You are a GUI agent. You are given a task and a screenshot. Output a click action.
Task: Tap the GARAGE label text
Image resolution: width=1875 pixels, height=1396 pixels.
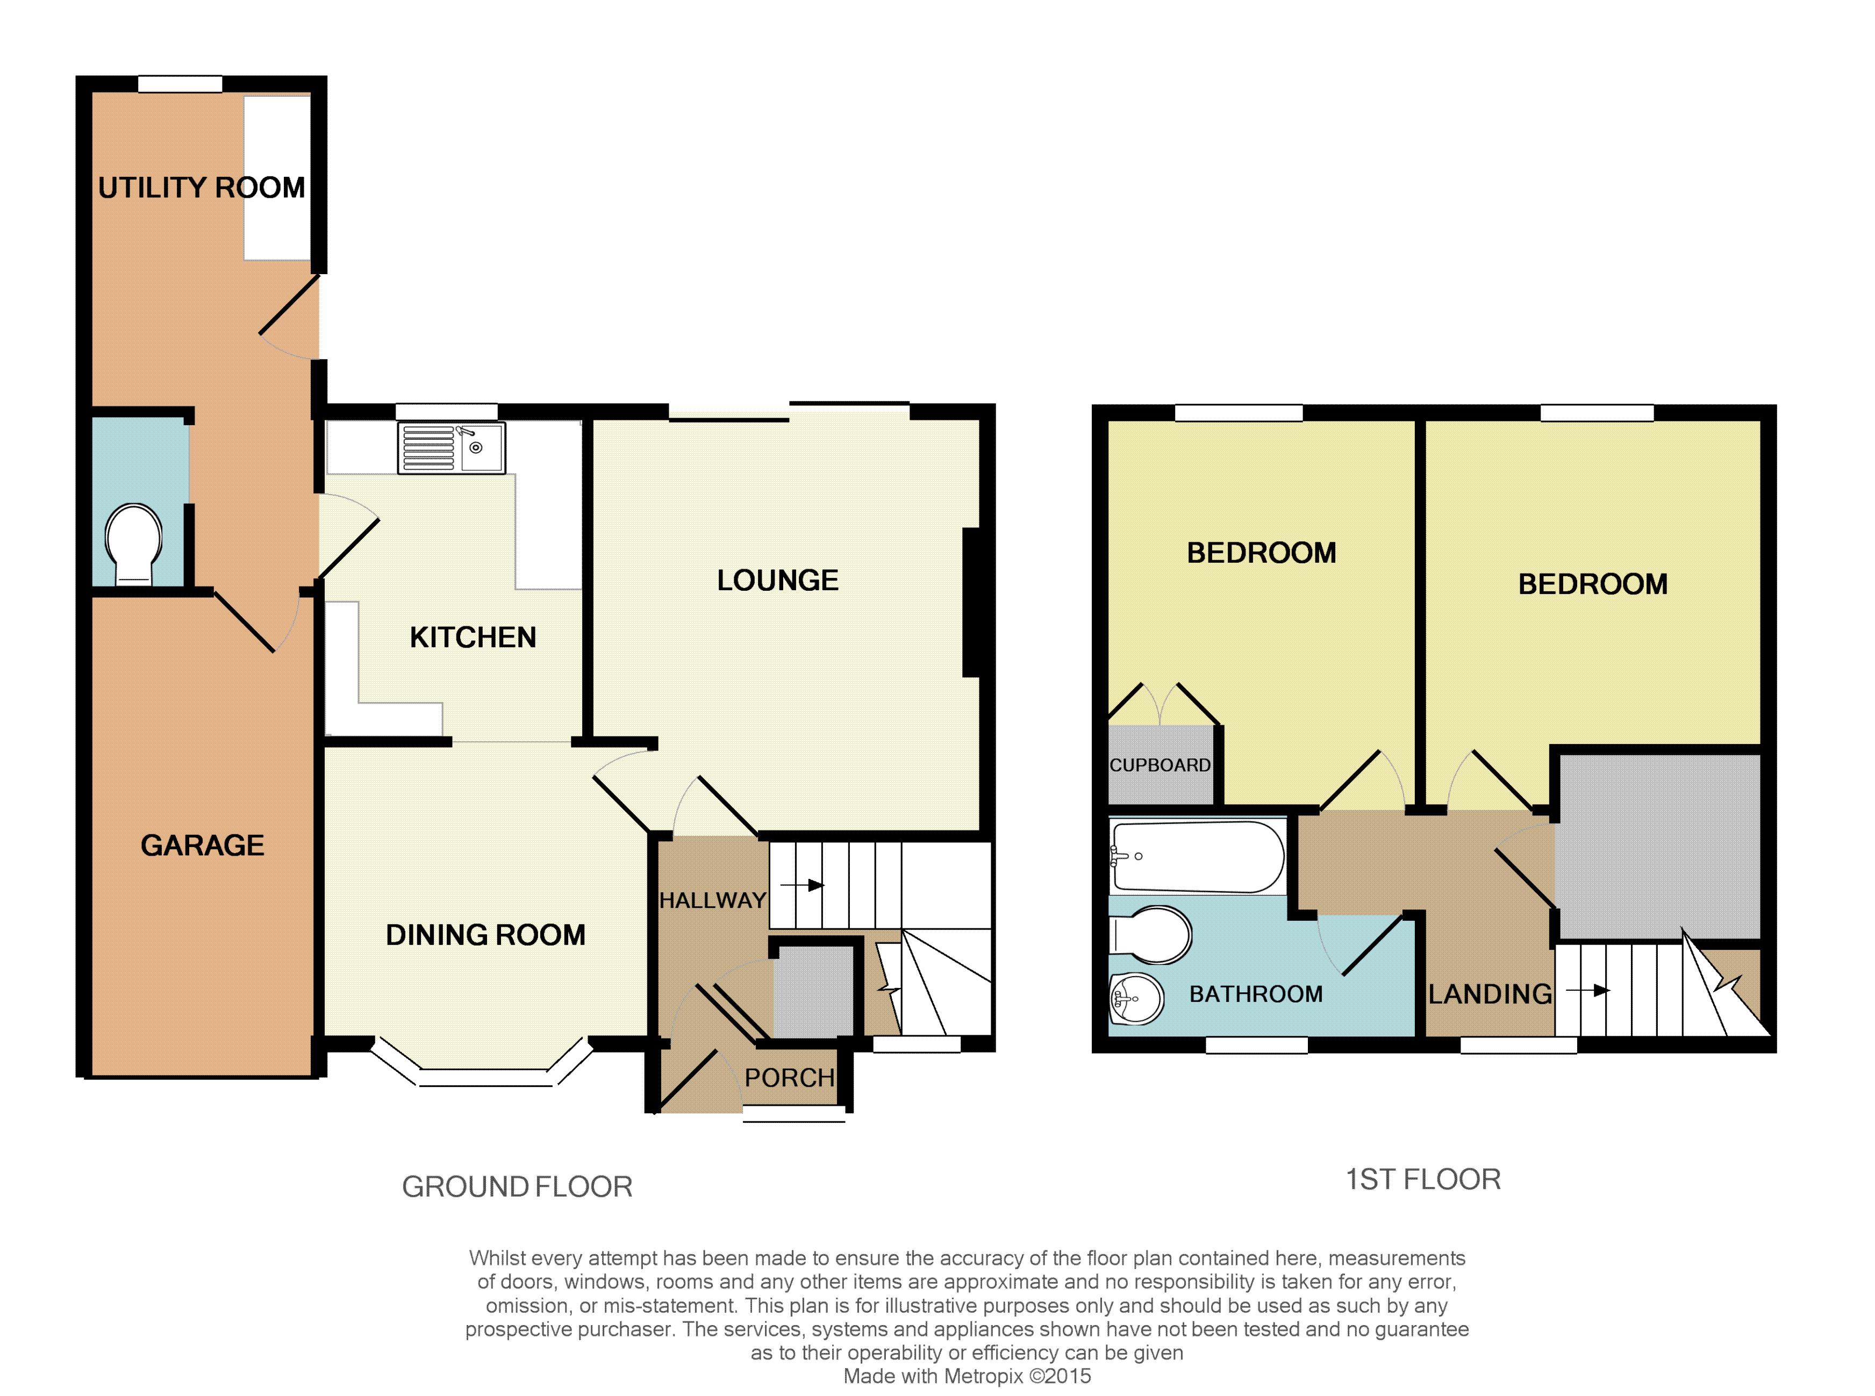[x=202, y=845]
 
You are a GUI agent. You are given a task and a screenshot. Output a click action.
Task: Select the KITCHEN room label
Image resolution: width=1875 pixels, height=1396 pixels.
[x=473, y=637]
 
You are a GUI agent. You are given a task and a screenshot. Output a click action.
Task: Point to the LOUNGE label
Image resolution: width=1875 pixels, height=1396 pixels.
[x=777, y=581]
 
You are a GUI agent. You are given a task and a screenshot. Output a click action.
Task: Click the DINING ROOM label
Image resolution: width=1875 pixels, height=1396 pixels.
[x=485, y=935]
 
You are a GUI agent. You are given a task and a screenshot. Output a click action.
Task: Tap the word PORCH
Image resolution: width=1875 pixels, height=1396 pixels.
[x=789, y=1077]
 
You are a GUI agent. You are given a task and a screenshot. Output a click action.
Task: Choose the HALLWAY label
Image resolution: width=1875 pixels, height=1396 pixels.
[x=712, y=901]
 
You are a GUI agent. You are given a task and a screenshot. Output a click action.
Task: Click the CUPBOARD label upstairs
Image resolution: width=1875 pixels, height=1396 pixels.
[x=1160, y=765]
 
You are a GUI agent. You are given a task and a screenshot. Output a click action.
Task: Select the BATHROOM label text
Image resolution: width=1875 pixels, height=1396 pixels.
[x=1256, y=994]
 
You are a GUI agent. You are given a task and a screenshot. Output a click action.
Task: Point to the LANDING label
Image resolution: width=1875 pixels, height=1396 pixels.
[x=1490, y=994]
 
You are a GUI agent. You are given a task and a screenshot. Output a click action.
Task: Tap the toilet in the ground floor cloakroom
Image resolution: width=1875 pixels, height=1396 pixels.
[x=133, y=544]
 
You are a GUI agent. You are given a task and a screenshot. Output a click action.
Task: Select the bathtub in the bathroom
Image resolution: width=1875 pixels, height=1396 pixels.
[x=1197, y=857]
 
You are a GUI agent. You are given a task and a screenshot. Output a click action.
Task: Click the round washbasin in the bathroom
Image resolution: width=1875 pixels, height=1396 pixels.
[x=1136, y=999]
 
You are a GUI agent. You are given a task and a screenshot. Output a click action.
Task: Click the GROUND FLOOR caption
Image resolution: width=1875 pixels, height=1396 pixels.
[x=517, y=1186]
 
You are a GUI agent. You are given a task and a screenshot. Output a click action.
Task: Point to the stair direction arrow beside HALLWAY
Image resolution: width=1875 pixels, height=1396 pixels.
[x=802, y=885]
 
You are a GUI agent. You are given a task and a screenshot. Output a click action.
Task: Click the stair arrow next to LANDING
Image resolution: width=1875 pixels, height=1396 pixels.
[x=1588, y=990]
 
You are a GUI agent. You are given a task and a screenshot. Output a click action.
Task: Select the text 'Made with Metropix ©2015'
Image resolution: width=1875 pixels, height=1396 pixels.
[x=967, y=1376]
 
